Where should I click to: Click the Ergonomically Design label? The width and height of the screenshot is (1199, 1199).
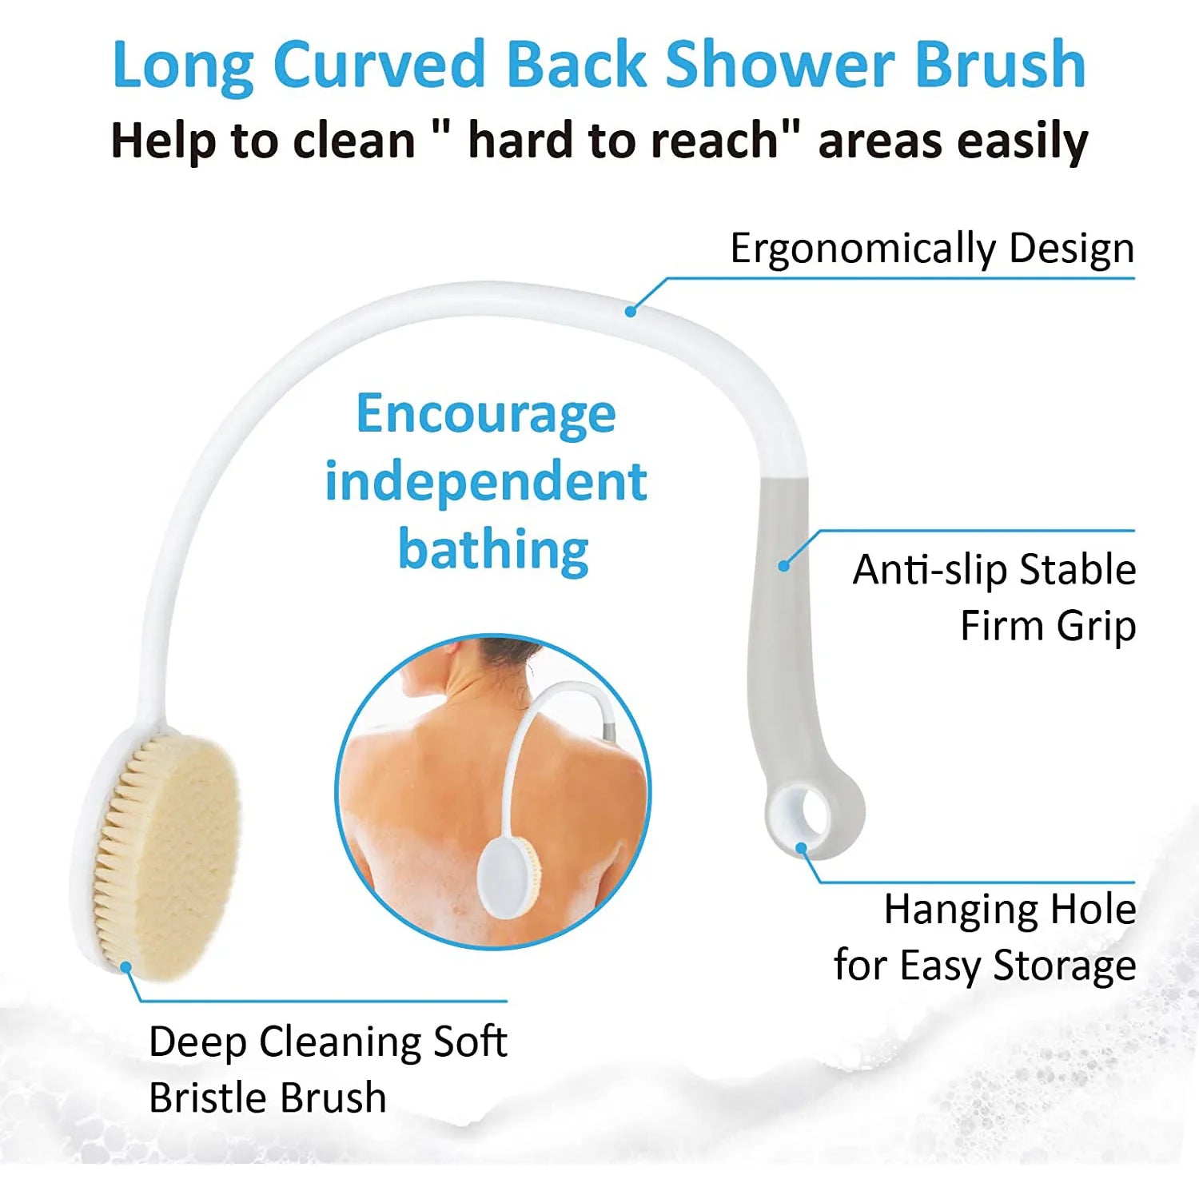tap(932, 249)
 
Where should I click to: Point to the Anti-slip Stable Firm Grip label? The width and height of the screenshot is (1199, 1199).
tap(994, 597)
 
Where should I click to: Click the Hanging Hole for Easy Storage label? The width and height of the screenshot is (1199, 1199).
tap(985, 937)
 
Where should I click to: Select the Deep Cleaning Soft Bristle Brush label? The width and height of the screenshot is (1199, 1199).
tap(328, 1069)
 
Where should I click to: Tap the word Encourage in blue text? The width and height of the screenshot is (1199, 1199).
tap(486, 415)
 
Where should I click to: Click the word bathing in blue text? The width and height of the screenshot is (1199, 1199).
tap(493, 550)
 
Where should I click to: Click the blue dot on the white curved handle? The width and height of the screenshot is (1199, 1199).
tap(631, 311)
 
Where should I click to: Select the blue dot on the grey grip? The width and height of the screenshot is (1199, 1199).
tap(784, 566)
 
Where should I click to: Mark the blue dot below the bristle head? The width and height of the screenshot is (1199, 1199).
tap(125, 966)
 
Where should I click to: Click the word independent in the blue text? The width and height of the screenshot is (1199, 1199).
tap(486, 482)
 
